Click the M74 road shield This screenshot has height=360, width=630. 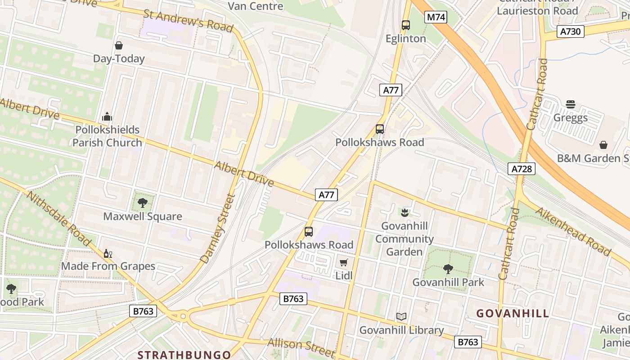point(436,18)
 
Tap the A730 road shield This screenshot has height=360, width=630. point(571,31)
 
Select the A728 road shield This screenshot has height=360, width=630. point(522,169)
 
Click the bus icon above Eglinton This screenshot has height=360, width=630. point(406,25)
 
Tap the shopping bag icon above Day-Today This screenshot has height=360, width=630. point(119,45)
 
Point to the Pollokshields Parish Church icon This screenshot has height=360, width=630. point(107,117)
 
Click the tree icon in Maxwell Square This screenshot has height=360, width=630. point(143,203)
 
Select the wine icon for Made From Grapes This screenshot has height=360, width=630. point(108,253)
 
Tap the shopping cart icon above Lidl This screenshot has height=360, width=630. point(344,262)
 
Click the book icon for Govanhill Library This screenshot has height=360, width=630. point(401,317)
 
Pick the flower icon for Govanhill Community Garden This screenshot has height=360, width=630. point(404,212)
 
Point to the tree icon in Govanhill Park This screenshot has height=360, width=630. point(448,269)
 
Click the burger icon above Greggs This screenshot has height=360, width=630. point(571,105)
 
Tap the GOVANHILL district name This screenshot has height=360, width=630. point(513,314)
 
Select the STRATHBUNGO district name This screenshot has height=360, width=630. point(184,355)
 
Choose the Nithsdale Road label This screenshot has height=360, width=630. point(59,218)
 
